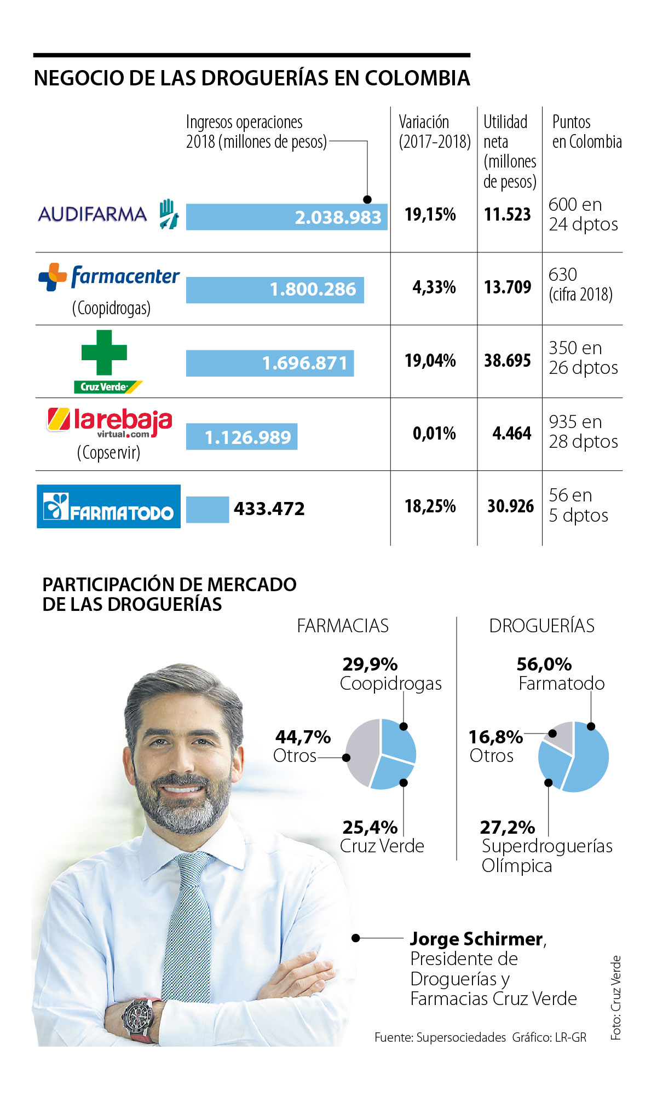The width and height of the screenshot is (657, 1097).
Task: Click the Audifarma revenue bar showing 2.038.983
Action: [x=286, y=217]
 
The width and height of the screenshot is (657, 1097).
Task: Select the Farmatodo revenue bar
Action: [x=208, y=510]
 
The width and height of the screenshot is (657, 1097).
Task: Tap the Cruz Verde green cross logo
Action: [x=104, y=353]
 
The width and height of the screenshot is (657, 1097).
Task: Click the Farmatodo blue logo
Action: [x=108, y=506]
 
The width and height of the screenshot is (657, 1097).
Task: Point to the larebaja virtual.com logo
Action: [x=109, y=423]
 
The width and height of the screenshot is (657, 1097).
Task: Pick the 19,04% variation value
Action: [x=430, y=361]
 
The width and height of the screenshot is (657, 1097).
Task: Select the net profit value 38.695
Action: [x=508, y=361]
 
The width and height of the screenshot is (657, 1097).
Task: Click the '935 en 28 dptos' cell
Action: [x=583, y=432]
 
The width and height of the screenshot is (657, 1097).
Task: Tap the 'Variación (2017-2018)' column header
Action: [x=434, y=131]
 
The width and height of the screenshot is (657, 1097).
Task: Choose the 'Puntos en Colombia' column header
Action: [x=586, y=131]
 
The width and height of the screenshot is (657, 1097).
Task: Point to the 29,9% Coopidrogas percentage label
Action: [x=370, y=665]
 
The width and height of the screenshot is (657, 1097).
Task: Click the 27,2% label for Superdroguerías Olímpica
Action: [x=508, y=827]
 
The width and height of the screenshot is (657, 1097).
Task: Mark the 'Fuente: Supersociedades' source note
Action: [x=440, y=1037]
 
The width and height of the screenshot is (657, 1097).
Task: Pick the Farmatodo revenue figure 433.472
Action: [x=269, y=509]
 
